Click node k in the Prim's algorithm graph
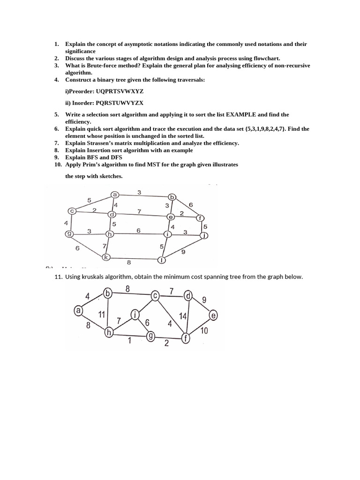point(106,257)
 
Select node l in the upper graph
point(162,259)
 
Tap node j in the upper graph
point(204,235)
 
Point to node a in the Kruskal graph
point(79,310)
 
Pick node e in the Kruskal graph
point(213,315)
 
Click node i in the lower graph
point(135,315)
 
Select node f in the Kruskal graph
point(186,337)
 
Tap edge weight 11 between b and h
point(101,314)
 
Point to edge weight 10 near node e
point(204,331)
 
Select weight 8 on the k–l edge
point(129,262)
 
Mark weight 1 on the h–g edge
point(129,341)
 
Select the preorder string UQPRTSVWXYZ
point(116,91)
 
